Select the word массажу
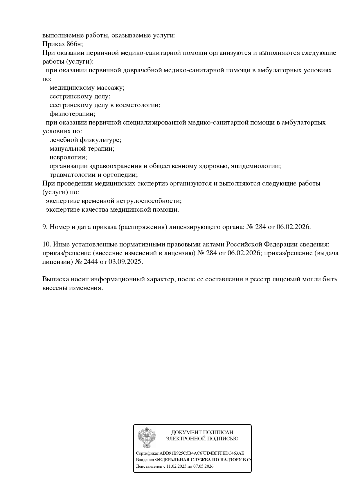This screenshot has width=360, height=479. (x=110, y=88)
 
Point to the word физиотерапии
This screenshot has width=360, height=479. (x=72, y=114)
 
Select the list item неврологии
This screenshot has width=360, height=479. (x=68, y=157)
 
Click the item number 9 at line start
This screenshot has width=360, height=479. (x=45, y=227)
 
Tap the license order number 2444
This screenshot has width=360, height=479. (x=91, y=262)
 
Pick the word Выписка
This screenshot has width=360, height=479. (x=55, y=279)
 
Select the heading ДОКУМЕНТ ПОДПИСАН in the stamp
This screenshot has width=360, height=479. (x=202, y=433)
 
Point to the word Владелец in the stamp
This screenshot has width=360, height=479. (x=145, y=460)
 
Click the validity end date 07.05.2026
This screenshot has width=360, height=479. (x=203, y=466)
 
